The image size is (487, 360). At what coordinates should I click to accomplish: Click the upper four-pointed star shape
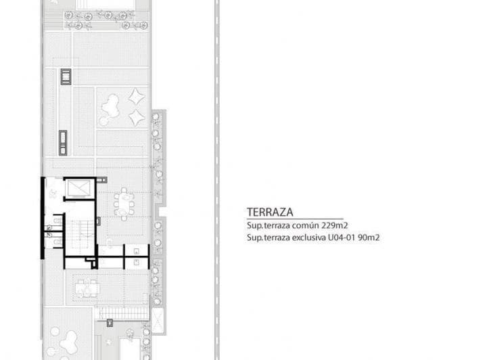click(x=137, y=96)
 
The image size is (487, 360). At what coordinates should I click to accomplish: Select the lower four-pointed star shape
click(x=137, y=118)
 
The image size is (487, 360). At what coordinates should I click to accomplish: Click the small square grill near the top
click(x=66, y=76)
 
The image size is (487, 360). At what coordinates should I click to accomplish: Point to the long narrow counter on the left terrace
click(x=62, y=142)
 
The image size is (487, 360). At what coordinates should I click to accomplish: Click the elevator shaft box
click(x=78, y=189)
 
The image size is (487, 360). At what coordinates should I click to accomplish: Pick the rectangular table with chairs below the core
click(x=87, y=288)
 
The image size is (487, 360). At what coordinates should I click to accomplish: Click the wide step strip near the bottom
click(x=123, y=313)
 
